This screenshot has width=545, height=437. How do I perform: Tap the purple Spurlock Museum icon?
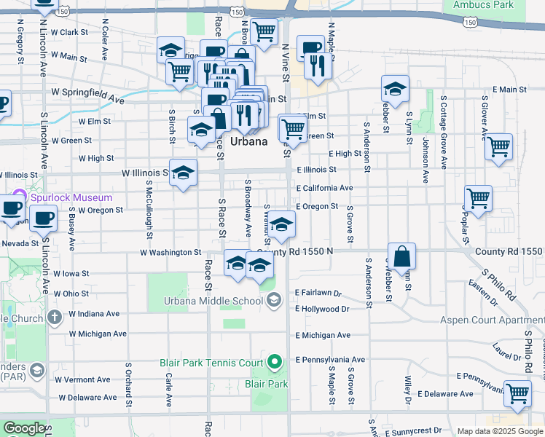20,197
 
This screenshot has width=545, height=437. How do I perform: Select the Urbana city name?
249,141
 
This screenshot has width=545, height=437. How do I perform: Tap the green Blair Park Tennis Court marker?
274,361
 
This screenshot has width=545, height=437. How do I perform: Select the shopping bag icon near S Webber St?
401,256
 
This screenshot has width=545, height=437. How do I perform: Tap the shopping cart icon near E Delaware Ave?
517,393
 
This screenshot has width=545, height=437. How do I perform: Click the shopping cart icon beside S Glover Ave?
498,146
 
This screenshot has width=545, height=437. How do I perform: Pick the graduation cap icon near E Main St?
395,89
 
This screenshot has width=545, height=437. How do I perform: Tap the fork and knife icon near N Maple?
318,66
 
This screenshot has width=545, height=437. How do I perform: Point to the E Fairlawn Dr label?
318,293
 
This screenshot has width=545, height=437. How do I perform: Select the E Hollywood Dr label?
322,309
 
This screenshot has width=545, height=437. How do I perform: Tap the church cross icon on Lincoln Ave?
55,318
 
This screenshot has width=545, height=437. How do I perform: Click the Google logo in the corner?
23,428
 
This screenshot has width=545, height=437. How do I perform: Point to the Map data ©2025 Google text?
499,431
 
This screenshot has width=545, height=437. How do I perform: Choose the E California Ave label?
324,188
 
